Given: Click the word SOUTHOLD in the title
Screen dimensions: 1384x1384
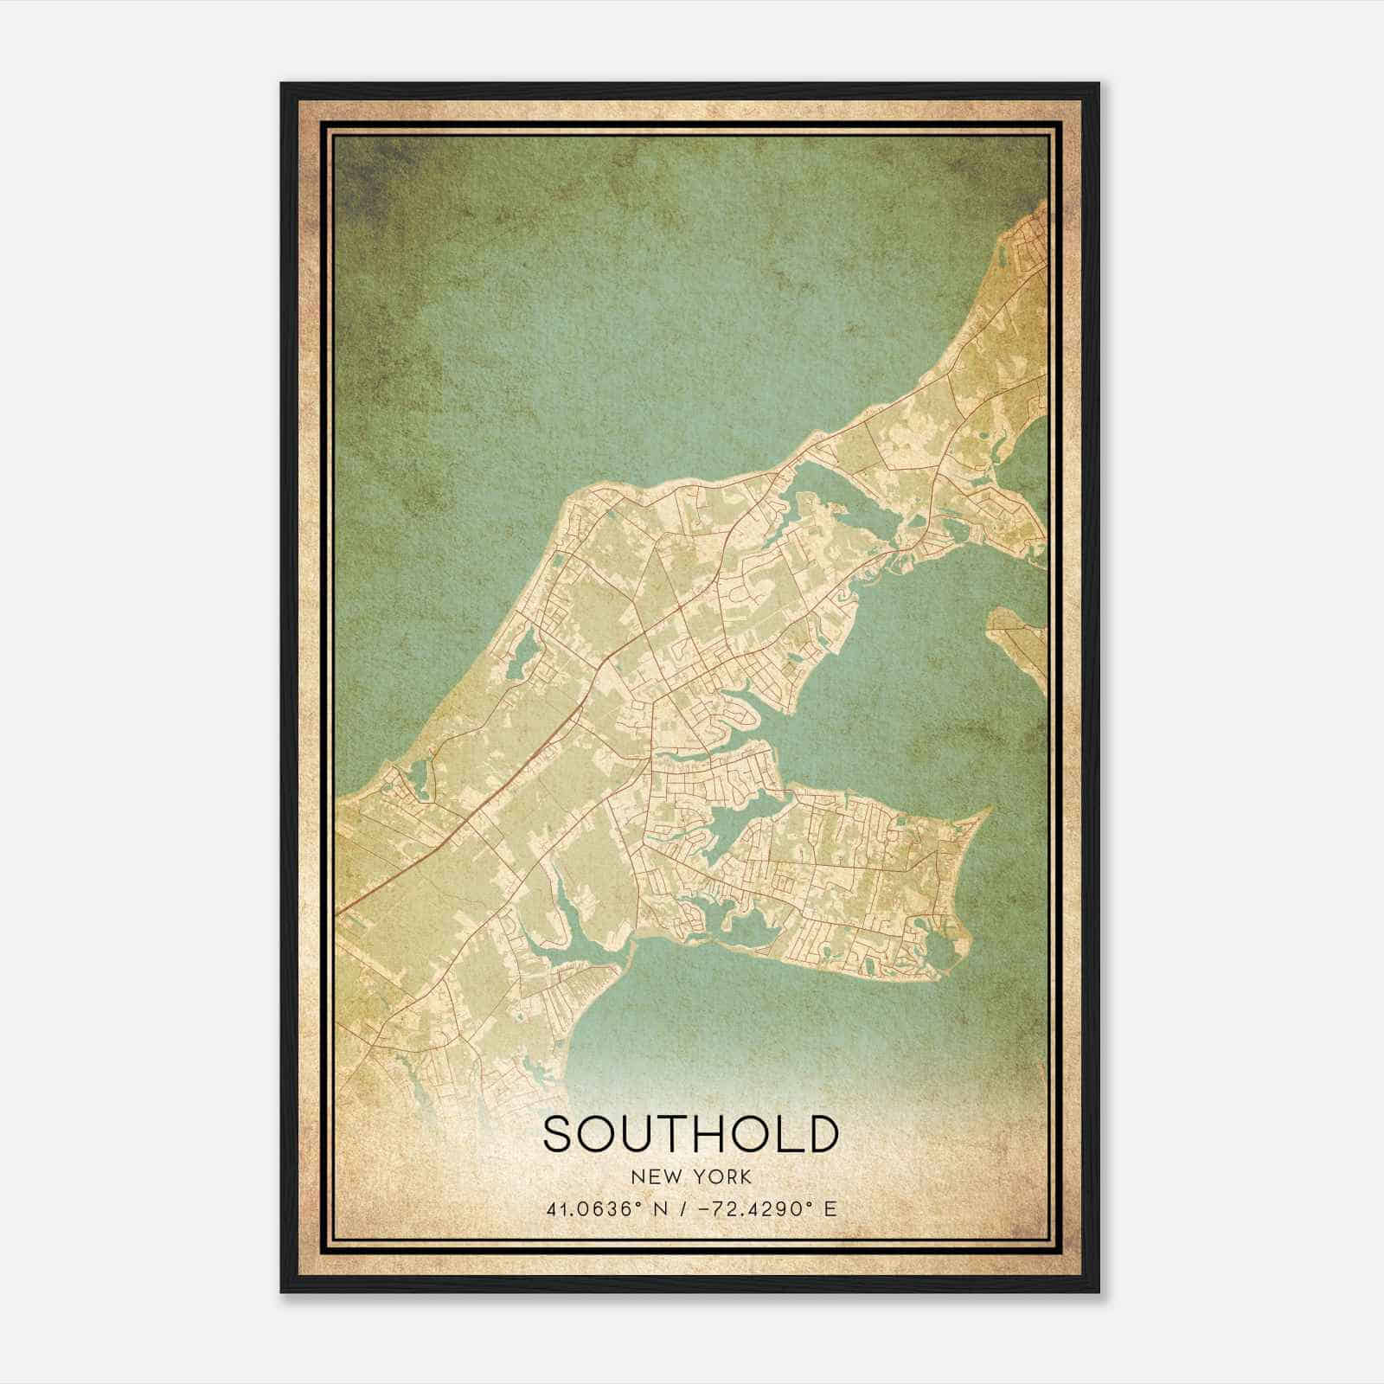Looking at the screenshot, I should (x=691, y=1134).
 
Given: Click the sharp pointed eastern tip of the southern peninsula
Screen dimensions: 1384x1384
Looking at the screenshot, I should (x=989, y=810).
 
